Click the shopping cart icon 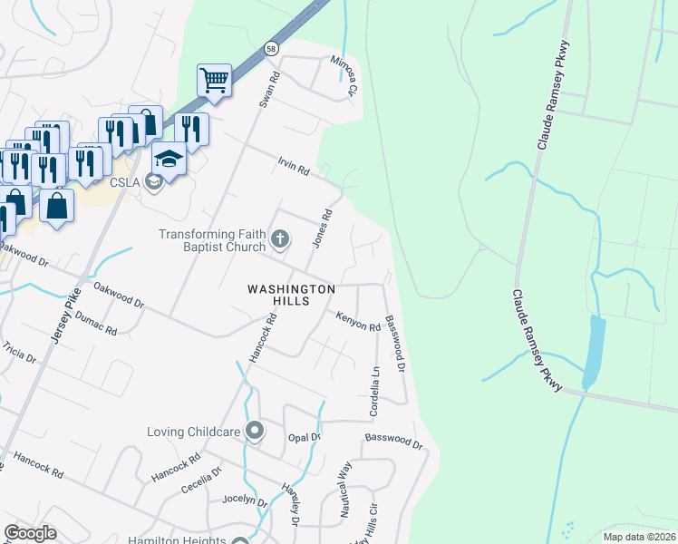214,80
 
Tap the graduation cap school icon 169,160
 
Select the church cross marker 280,240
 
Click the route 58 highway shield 271,48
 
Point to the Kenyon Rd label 357,320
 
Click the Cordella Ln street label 374,391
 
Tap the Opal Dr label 305,437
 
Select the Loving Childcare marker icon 255,431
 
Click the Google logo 30,533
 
